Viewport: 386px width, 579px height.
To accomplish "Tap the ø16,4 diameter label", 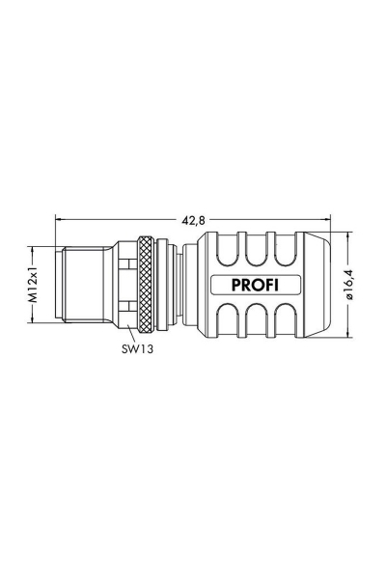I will point(351,286).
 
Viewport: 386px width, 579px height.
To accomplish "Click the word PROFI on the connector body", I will point(252,286).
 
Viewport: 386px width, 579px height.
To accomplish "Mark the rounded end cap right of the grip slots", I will point(318,286).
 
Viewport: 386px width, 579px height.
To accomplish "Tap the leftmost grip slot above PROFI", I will point(230,252).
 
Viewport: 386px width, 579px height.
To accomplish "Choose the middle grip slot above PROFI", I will point(255,252).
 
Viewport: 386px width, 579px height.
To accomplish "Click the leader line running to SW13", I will point(132,333).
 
